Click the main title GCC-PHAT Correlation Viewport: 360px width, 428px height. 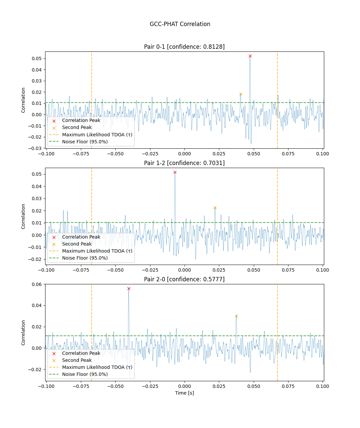180,24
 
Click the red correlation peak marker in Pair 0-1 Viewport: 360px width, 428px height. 250,56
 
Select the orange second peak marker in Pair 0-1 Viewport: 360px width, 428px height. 241,94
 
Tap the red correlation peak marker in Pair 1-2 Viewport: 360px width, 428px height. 175,172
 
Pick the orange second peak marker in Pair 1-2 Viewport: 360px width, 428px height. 215,208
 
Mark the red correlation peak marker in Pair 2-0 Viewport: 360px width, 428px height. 129,289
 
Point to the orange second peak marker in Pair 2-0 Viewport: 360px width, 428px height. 236,316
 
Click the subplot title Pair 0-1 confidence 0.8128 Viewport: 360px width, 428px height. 184,47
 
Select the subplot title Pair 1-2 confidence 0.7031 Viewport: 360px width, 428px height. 184,163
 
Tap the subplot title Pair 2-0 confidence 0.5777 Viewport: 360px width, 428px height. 184,279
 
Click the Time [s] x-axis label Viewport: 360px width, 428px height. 184,393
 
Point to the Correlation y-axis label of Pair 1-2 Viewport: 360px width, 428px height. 23,216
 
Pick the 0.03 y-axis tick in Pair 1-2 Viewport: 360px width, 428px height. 37,198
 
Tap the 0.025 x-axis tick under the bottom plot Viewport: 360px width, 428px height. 219,386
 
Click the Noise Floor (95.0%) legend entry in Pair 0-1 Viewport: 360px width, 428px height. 85,142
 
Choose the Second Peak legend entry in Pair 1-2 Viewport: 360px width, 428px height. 77,244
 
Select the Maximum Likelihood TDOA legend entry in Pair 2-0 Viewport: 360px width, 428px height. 97,367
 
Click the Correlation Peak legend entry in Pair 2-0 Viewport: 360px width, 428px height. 81,353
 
